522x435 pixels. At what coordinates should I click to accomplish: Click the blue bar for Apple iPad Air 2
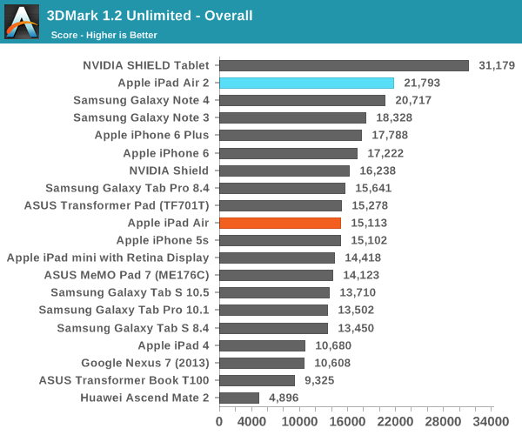306,83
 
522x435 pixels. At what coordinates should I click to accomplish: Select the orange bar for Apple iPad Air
279,223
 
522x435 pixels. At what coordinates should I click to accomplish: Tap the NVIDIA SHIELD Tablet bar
344,65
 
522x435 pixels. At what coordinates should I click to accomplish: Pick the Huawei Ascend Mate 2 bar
238,398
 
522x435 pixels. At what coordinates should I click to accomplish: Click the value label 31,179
497,65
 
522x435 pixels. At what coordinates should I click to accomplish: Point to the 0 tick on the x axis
218,421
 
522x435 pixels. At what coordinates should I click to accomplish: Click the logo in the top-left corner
21,21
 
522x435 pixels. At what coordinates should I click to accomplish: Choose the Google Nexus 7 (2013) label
145,363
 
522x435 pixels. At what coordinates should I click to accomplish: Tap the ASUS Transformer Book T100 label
124,380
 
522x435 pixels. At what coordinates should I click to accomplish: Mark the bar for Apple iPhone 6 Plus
290,135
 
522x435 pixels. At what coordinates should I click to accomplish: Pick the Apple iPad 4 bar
261,345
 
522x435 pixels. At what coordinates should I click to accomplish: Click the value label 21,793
422,83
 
